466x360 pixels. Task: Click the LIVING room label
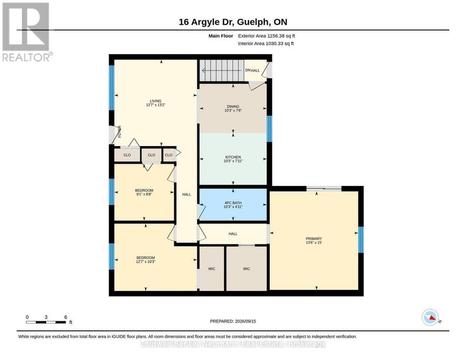coord(155,103)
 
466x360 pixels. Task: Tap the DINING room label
coord(233,108)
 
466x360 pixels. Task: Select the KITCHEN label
coord(233,159)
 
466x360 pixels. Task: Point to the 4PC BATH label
coord(233,205)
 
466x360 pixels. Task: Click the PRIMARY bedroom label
coord(314,240)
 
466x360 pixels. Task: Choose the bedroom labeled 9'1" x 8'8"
coord(144,192)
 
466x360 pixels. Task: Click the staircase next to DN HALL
coord(221,70)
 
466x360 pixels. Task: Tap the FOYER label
coord(120,132)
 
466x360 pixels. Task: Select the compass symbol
coord(430,318)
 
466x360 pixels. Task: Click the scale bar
coord(46,322)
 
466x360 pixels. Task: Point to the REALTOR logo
coord(27,32)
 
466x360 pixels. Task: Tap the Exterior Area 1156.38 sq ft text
coord(266,36)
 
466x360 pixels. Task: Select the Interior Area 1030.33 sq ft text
coord(266,44)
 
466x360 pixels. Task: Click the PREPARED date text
coord(233,321)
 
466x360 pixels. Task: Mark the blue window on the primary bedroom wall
coord(361,240)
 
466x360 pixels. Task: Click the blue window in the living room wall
coord(111,88)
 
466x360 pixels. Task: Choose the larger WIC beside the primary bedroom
coord(246,268)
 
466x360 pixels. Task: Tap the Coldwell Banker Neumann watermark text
coord(233,344)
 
